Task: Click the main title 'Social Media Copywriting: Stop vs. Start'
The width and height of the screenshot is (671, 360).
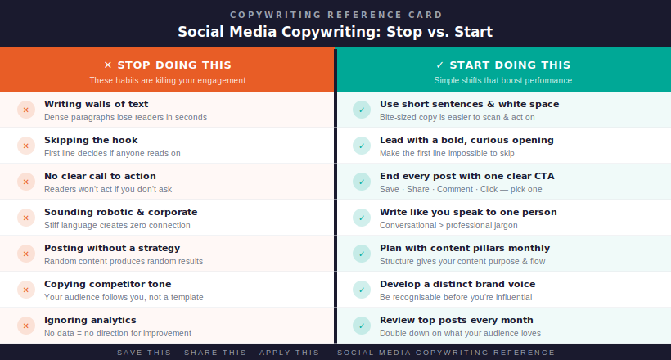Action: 335,32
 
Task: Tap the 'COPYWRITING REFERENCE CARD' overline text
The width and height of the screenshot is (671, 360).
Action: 336,15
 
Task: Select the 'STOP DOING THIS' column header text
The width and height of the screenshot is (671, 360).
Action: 174,65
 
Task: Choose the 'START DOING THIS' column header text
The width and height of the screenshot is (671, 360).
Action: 510,65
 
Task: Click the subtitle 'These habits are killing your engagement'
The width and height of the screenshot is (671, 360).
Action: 167,80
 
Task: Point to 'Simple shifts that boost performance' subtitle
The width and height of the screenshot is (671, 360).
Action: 502,80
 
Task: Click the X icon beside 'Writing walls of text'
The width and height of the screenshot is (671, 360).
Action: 26,110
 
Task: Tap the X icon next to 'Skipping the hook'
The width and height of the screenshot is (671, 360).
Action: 26,146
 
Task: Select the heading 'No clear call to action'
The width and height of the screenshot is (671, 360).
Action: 100,176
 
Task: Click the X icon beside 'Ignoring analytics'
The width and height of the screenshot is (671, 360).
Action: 26,326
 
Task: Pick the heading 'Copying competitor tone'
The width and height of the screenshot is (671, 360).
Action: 107,284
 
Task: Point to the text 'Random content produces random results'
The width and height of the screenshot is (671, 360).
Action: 124,261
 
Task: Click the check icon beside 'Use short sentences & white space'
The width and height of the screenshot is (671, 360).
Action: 362,110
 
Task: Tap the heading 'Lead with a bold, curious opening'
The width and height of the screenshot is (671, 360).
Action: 466,140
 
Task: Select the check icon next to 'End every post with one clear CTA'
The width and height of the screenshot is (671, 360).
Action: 362,182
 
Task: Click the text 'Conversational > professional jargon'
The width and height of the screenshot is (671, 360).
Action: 448,225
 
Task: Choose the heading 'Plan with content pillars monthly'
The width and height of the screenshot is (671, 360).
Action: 465,248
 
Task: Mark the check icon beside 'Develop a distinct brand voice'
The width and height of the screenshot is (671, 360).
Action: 362,290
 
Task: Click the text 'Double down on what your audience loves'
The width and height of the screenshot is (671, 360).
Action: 460,333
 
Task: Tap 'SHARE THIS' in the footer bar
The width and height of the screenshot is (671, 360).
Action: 215,353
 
